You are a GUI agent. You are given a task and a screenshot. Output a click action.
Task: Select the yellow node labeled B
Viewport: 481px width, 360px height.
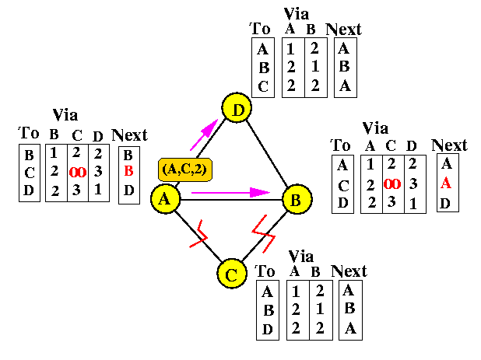click(296, 200)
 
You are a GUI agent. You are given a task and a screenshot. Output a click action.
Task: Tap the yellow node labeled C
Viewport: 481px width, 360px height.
click(230, 274)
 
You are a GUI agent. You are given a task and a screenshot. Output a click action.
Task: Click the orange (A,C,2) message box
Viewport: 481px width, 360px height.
click(186, 168)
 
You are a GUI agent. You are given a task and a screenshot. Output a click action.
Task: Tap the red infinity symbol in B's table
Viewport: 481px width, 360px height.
click(392, 184)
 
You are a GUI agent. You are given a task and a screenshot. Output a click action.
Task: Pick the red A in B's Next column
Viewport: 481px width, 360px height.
click(446, 184)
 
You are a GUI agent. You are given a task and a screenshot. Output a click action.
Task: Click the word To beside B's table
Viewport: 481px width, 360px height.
click(341, 145)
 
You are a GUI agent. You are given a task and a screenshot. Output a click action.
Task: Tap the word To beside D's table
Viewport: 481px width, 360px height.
click(261, 30)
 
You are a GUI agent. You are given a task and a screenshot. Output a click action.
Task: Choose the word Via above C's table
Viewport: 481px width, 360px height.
click(300, 256)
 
